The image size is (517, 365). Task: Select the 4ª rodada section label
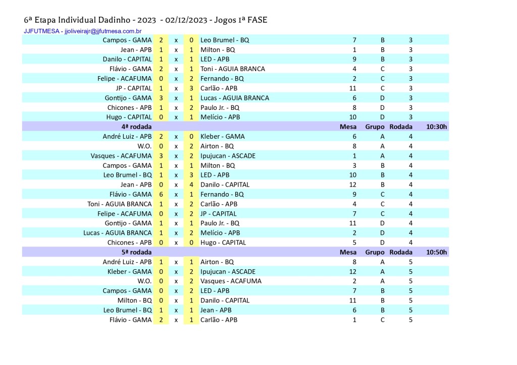[x=136, y=127]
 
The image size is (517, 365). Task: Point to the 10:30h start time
[x=436, y=127]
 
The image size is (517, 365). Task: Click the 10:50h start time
[x=436, y=252]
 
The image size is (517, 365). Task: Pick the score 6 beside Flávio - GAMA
[x=161, y=194]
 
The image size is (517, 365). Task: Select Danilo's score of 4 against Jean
[x=191, y=185]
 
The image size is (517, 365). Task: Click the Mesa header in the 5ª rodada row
[x=348, y=252]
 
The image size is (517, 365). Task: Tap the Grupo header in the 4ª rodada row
[x=375, y=127]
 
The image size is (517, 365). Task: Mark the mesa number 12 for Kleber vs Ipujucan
[x=354, y=271]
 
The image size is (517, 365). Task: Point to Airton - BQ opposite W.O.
[x=217, y=146]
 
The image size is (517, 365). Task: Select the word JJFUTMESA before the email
[x=41, y=31]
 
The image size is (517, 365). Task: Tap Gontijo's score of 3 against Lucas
[x=161, y=98]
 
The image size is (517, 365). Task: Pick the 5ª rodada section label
[x=136, y=252]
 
